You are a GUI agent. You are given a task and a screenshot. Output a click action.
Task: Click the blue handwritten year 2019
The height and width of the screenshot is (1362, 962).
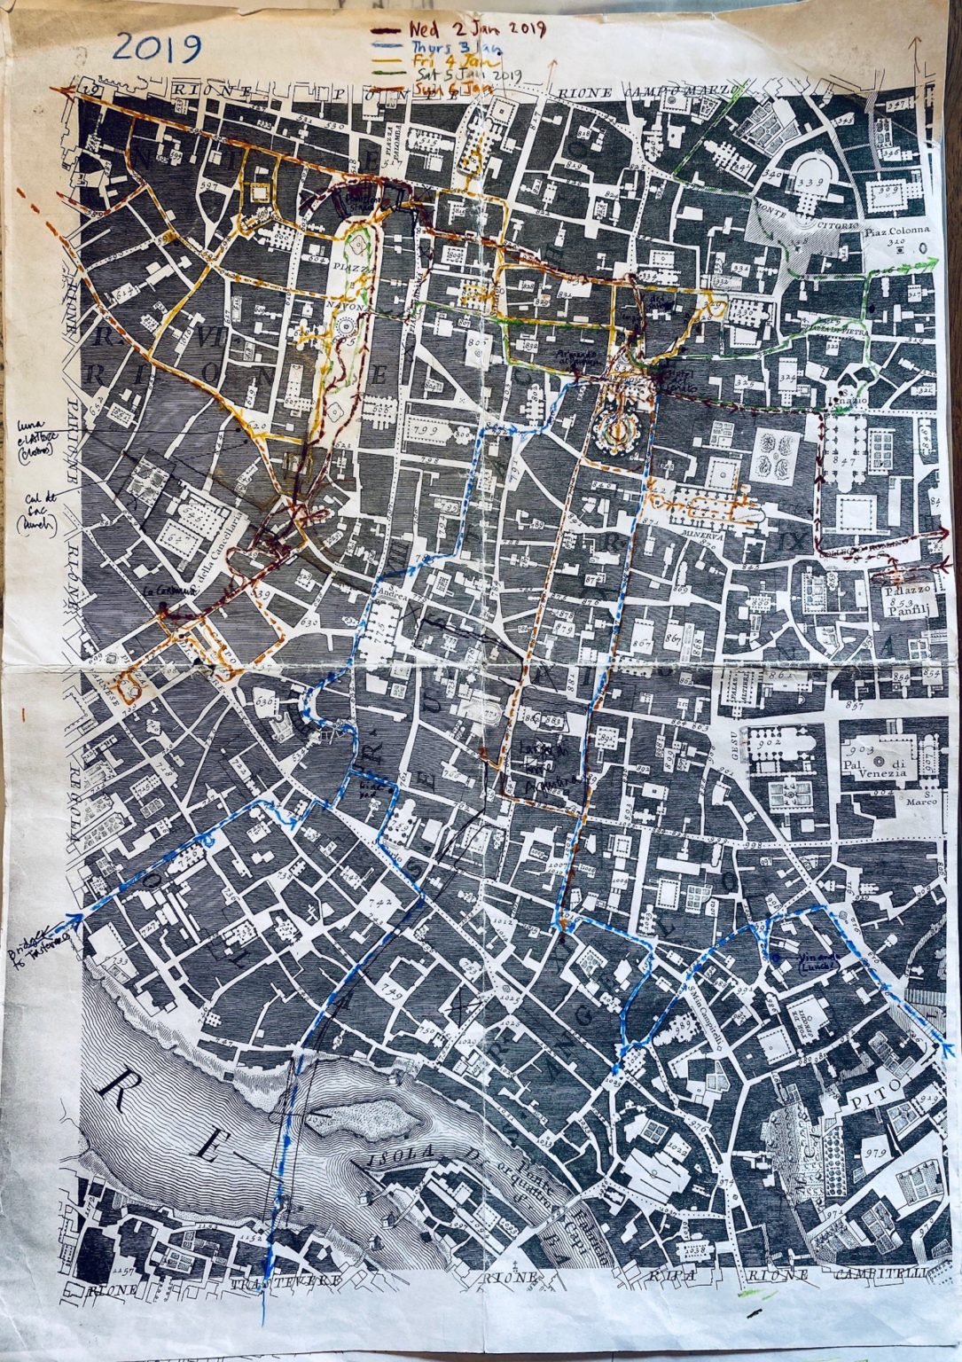(x=157, y=49)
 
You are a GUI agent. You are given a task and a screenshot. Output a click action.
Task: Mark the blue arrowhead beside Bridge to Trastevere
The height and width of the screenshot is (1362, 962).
(x=80, y=918)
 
